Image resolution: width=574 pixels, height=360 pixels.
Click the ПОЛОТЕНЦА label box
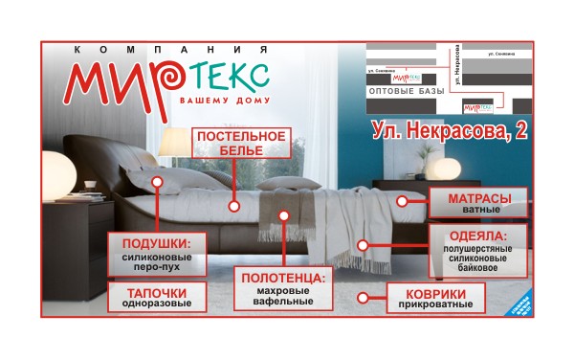[283, 288]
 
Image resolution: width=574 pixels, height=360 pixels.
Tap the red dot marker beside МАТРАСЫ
[403, 201]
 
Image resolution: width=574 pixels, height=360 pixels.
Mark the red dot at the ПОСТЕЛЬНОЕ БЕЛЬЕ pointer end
[232, 204]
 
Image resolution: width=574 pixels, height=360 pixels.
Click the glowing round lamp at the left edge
[57, 172]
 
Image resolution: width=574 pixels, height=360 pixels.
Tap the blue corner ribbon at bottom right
[520, 307]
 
